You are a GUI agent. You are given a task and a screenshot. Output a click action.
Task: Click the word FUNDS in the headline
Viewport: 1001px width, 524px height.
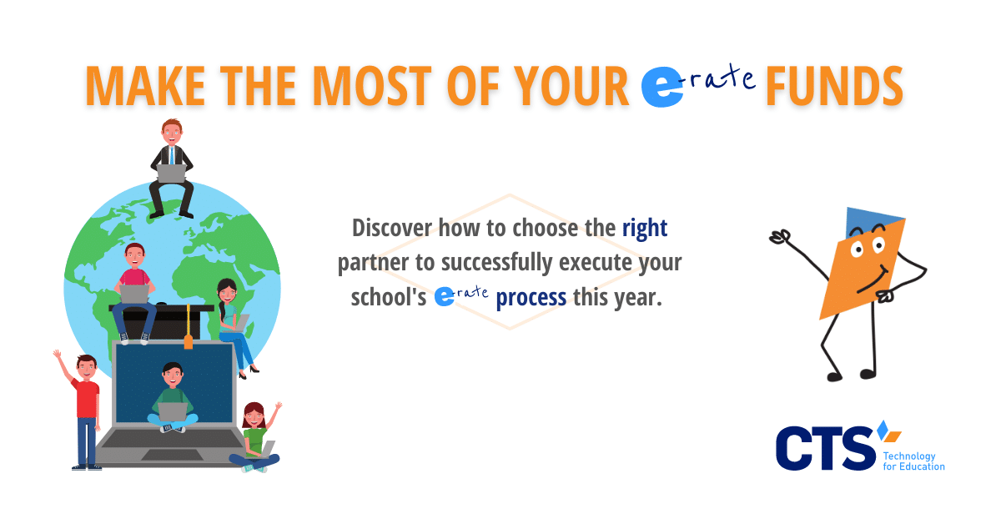[x=835, y=86]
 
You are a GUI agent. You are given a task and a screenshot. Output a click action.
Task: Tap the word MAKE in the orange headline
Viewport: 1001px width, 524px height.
[x=145, y=86]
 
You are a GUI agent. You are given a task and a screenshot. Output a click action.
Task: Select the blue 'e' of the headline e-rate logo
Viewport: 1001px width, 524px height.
[x=661, y=87]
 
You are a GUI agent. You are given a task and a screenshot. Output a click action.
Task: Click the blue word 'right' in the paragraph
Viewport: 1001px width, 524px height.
[x=645, y=229]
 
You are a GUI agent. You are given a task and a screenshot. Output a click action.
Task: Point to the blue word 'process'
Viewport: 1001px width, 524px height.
[x=531, y=297]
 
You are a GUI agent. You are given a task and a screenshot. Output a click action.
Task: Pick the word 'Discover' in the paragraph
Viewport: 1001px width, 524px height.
[x=391, y=228]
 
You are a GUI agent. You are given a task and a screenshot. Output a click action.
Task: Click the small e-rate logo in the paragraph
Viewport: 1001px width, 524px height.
[x=461, y=296]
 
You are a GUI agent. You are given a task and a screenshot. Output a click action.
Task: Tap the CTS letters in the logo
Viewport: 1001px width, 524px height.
[x=825, y=448]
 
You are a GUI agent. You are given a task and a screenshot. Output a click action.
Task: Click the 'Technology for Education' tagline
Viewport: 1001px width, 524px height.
[x=913, y=461]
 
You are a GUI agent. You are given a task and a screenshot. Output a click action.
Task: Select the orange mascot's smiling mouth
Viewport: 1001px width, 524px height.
[x=873, y=280]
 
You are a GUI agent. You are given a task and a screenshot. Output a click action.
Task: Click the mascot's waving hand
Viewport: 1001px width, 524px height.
[x=780, y=237]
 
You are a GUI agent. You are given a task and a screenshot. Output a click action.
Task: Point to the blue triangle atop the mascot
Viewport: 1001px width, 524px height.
[x=871, y=222]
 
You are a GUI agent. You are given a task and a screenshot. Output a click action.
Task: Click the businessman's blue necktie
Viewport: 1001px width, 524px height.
[x=172, y=155]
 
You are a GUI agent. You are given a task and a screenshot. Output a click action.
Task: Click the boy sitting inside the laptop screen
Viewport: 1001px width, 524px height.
[x=173, y=397]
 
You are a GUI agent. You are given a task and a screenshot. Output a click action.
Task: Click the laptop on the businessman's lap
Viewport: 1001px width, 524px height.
[x=172, y=174]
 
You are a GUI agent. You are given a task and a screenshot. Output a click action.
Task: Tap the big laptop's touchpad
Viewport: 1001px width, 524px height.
[x=172, y=455]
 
